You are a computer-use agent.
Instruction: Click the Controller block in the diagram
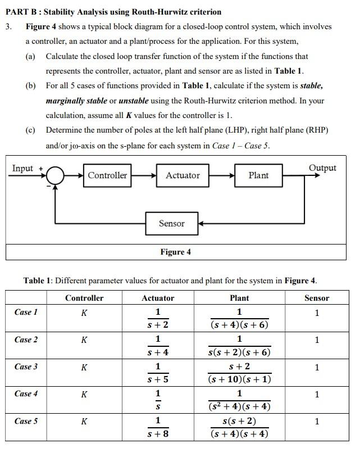pos(107,175)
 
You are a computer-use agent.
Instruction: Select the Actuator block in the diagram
pos(183,175)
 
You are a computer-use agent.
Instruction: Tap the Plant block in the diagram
pos(258,175)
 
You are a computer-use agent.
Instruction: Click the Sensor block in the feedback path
pos(171,224)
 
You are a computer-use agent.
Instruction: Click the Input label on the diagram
pos(23,169)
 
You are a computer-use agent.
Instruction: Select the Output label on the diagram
pos(322,168)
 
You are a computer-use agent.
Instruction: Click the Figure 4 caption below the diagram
pos(175,252)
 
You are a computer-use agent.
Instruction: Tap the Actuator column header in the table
pos(158,298)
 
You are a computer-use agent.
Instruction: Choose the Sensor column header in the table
pos(317,298)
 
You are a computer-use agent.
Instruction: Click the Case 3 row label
pos(26,366)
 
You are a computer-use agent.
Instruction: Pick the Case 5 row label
pos(26,421)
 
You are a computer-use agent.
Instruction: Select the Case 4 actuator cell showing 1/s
pos(158,400)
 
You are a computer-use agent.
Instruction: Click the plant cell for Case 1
pos(239,318)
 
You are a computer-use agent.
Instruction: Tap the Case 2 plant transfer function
pos(239,346)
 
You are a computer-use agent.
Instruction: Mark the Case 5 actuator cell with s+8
pos(158,427)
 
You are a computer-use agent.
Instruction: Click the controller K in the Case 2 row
pos(84,340)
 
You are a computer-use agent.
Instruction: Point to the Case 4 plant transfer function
pos(239,400)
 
